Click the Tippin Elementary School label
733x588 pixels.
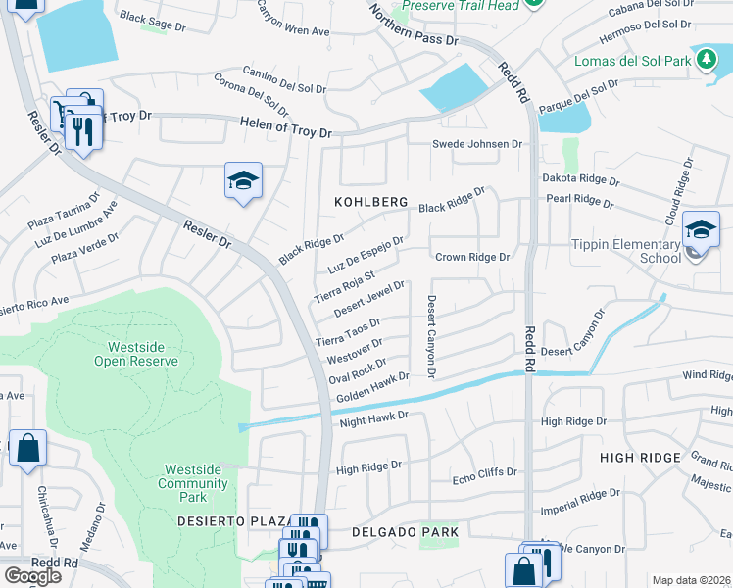639,251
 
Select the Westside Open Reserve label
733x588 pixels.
136,354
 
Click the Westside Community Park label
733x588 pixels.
192,477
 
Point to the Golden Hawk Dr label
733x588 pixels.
371,388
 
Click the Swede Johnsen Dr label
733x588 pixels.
478,144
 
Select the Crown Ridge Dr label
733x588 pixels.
473,257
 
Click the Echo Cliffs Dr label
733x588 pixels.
483,472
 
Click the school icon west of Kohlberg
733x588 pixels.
243,181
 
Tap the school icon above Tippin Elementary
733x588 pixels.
701,228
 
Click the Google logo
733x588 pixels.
32,576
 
